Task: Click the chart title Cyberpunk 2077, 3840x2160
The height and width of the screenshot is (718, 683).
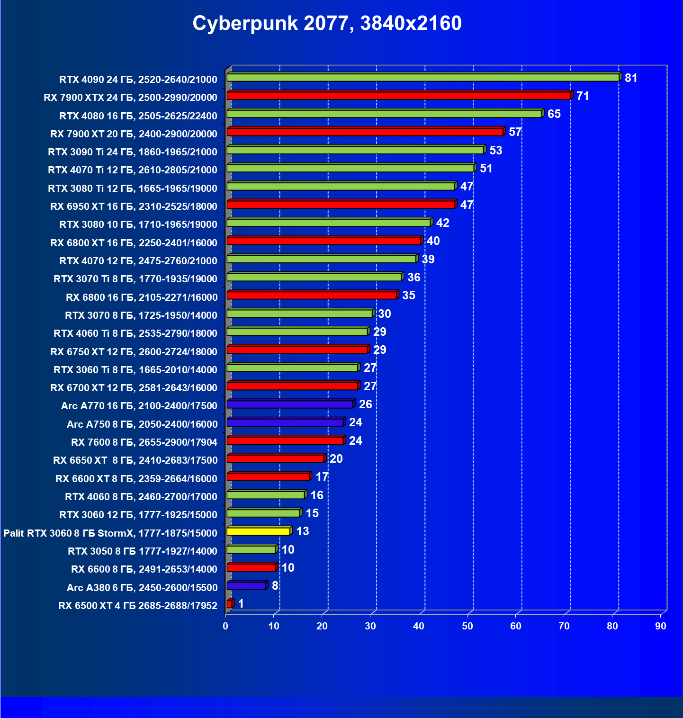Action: coord(327,23)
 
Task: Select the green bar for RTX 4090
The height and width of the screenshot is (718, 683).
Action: coord(422,78)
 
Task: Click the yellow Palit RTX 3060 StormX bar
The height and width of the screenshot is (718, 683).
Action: coord(258,531)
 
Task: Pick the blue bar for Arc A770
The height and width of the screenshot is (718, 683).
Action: coord(289,404)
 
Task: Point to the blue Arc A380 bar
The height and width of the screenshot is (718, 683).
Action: coord(246,586)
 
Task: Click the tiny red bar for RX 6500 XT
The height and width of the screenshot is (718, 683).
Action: coord(229,604)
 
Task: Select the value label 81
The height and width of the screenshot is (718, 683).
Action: coord(631,78)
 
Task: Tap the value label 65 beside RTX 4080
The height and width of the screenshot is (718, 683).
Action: coord(554,114)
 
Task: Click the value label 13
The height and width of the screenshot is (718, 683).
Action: coord(302,531)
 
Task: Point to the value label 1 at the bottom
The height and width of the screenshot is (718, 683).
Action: coord(241,604)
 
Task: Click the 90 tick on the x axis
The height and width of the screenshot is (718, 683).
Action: coord(660,626)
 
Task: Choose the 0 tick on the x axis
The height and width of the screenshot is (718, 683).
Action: coord(225,626)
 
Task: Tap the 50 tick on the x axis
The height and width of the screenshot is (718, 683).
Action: coord(467,626)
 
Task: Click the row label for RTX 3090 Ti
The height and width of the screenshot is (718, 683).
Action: coord(133,152)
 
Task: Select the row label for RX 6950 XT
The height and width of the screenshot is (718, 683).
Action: coord(134,206)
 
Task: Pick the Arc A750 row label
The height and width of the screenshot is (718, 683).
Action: coord(142,424)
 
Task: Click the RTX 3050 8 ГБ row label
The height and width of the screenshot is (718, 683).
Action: coord(143,551)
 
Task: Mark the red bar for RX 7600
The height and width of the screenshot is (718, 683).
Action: coord(285,441)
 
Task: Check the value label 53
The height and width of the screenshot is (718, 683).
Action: coord(495,151)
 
